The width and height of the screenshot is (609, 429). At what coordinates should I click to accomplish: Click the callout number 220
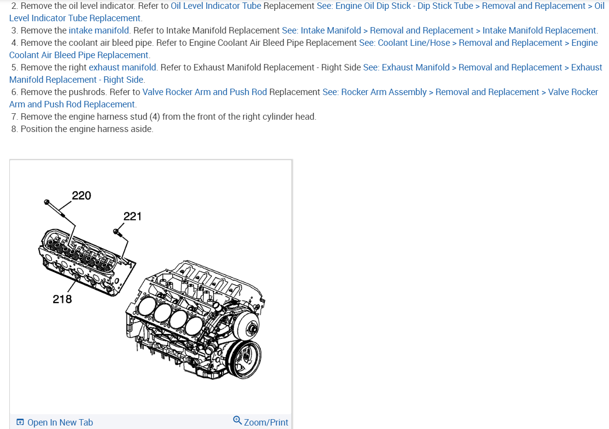point(81,196)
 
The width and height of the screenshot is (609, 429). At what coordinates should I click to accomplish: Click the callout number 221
point(132,216)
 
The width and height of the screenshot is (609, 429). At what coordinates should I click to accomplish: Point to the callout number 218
point(63,299)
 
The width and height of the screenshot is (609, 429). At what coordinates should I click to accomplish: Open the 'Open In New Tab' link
point(60,422)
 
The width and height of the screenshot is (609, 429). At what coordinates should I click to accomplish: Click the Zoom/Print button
point(266,422)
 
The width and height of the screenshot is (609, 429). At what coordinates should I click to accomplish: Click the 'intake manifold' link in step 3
point(99,31)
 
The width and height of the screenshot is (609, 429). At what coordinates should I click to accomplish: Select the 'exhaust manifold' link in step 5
point(123,67)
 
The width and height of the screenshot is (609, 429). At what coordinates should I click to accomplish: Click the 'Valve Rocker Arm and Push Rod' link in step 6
point(204,92)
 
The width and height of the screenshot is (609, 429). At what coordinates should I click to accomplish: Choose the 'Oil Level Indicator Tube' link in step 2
point(216,6)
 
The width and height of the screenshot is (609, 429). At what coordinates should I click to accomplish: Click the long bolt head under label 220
point(47,202)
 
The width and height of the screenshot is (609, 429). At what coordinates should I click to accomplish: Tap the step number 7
point(14,117)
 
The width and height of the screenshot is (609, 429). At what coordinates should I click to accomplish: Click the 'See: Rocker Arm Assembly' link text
point(375,92)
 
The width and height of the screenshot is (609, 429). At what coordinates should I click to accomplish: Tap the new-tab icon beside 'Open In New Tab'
point(20,422)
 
